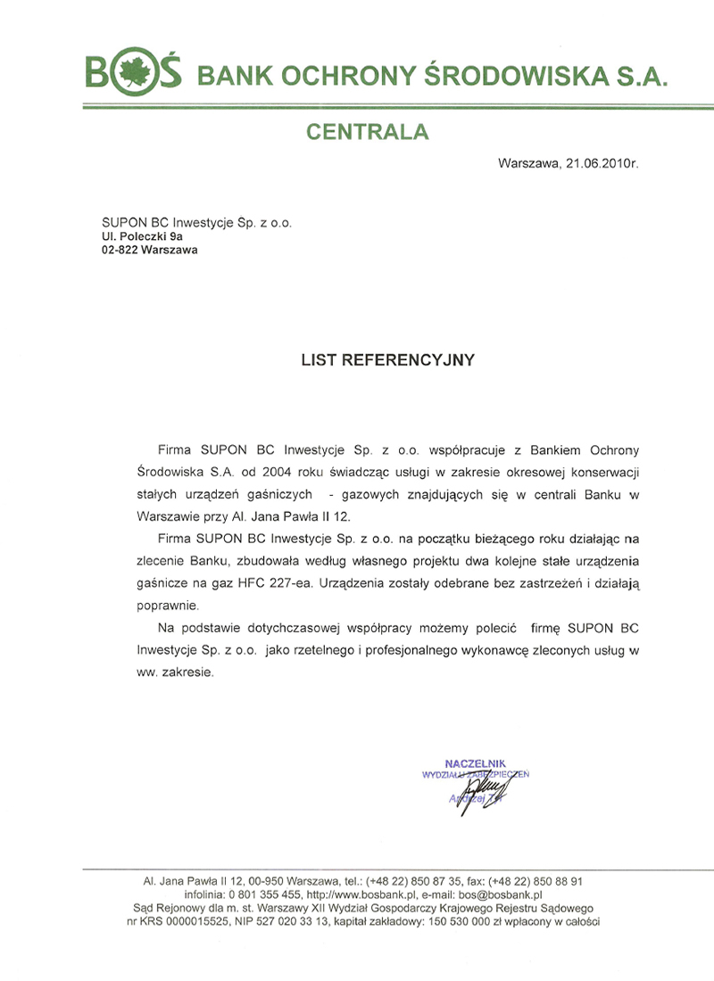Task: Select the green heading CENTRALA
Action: tap(368, 133)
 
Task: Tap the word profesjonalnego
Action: tap(419, 651)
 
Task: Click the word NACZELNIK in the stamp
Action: tap(475, 763)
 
